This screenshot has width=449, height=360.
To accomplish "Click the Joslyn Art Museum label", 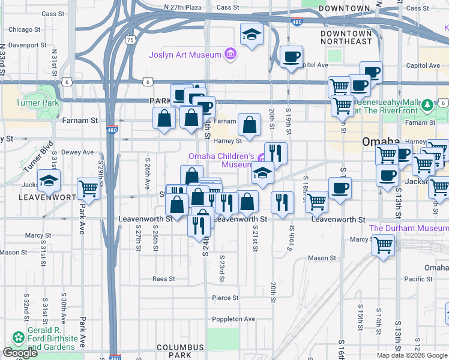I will pyautogui.click(x=185, y=55).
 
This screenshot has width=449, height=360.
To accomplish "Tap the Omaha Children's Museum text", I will pyautogui.click(x=220, y=160).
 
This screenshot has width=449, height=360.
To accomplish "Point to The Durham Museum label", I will pyautogui.click(x=408, y=228).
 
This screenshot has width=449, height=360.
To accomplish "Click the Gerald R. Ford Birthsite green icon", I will pyautogui.click(x=18, y=338).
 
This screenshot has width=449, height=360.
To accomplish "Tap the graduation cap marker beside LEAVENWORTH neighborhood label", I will pyautogui.click(x=49, y=181).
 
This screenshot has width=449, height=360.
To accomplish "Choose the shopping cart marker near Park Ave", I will pyautogui.click(x=88, y=188).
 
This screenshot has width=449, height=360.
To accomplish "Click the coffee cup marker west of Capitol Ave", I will pyautogui.click(x=292, y=57).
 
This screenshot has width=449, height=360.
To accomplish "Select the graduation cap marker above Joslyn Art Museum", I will pyautogui.click(x=252, y=34).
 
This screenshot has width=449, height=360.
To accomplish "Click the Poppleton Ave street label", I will pyautogui.click(x=234, y=319).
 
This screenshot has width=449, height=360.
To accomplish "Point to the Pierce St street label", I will pyautogui.click(x=225, y=298).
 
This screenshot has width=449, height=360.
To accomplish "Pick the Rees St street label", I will pyautogui.click(x=163, y=278).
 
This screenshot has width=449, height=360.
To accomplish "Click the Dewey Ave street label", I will pyautogui.click(x=77, y=152).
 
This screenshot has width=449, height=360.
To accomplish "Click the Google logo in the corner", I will pyautogui.click(x=20, y=353).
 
